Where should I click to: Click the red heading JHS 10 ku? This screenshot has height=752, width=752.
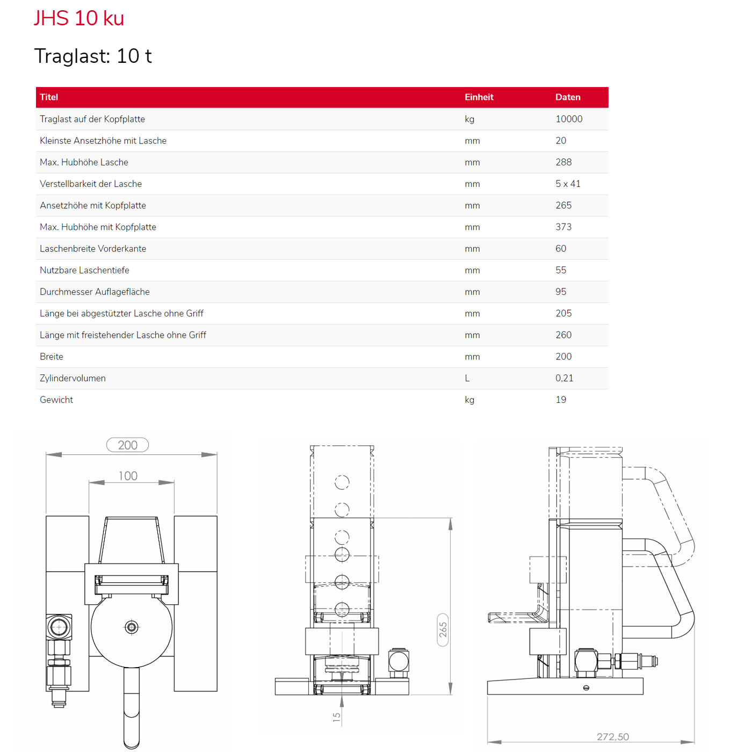point(79,18)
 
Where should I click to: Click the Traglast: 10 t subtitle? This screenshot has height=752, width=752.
point(93,56)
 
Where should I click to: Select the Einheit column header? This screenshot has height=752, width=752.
point(479,97)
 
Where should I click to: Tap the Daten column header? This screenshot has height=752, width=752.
point(568,97)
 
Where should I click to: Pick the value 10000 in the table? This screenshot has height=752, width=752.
point(569,119)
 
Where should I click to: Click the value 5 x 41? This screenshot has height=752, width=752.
point(568,184)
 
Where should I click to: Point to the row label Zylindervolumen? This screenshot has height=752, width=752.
point(73,378)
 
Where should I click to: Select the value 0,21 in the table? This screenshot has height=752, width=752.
point(564,378)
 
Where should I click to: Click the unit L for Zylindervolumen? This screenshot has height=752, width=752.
point(467,378)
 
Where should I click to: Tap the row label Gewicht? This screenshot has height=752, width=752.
point(56,400)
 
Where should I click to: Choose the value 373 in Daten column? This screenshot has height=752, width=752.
point(563,227)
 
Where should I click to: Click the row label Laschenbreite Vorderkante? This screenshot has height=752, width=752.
point(93,249)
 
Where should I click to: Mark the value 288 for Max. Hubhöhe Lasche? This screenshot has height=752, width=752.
point(563,162)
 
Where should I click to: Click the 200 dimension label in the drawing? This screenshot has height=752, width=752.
point(128,445)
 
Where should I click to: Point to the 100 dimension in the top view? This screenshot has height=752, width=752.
point(128,476)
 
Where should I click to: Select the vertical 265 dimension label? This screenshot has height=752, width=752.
point(443,630)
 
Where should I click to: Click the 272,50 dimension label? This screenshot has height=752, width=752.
point(612,737)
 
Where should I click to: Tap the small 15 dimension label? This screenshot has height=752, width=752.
point(336,717)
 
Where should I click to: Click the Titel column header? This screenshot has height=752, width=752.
point(49,97)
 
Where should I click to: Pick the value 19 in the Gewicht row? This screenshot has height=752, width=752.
point(561,400)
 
